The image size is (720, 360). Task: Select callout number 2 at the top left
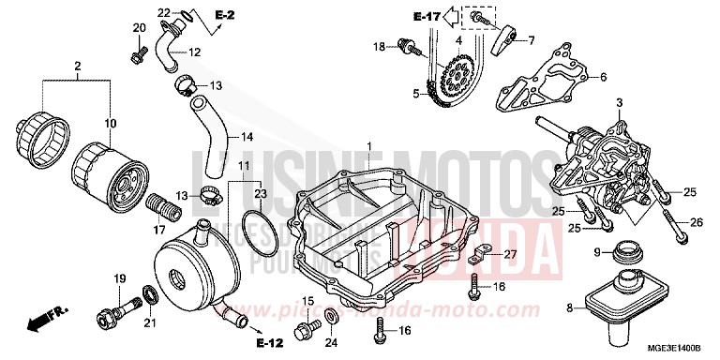78,66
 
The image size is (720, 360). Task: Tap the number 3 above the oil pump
619,101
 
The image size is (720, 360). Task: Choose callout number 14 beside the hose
247,137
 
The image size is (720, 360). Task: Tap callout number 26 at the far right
696,221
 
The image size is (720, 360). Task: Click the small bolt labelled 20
137,56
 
